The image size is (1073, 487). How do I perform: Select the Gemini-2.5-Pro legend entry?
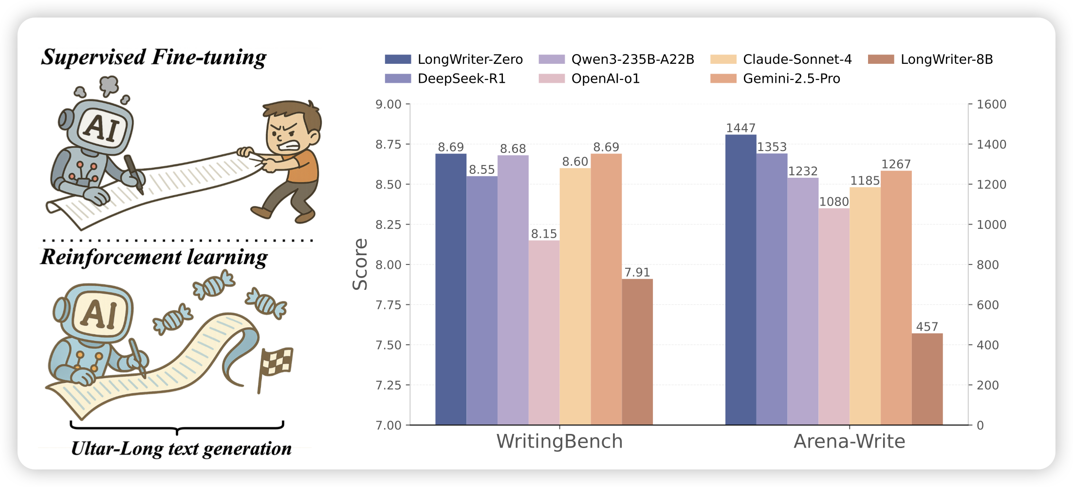(x=775, y=79)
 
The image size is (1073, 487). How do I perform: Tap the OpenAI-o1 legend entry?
(x=589, y=79)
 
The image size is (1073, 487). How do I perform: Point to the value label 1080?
(x=834, y=202)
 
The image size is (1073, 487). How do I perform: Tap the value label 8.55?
(x=481, y=169)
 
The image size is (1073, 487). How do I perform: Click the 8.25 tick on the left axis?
(x=388, y=225)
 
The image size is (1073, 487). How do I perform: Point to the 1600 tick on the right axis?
(x=991, y=104)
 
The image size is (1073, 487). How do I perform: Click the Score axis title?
(x=360, y=264)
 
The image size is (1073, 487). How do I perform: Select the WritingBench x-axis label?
(x=559, y=441)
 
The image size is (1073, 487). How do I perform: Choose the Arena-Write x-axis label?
(x=849, y=441)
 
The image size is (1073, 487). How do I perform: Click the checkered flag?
(x=276, y=363)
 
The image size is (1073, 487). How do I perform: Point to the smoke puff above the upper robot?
(x=109, y=85)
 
